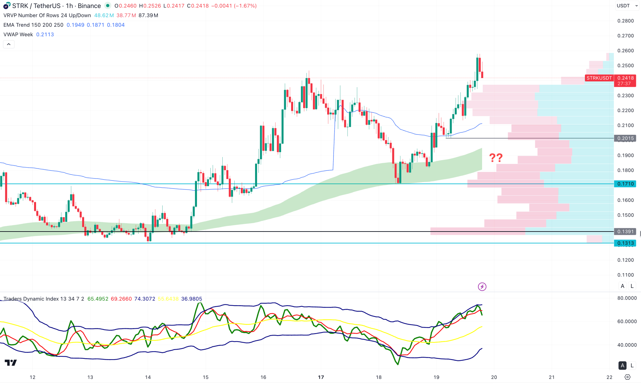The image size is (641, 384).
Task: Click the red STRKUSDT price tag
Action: (599, 78)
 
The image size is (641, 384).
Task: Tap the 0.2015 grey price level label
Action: (625, 138)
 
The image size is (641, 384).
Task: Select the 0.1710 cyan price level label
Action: (625, 184)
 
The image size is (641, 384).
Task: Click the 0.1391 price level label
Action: (625, 232)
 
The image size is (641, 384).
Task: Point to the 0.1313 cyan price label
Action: (625, 243)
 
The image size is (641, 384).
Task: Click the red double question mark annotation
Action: (496, 157)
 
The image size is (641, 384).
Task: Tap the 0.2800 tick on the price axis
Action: (625, 21)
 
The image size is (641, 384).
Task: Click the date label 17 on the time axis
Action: (321, 377)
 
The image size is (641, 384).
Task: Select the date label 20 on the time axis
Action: (494, 377)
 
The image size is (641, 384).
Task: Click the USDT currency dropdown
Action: (627, 6)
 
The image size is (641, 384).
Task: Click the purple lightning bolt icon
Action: (482, 287)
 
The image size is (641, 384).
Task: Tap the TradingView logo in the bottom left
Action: (11, 363)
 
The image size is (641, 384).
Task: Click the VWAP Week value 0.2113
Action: (45, 34)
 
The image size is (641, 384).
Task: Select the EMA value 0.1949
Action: (75, 25)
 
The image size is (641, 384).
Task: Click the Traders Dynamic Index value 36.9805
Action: (192, 299)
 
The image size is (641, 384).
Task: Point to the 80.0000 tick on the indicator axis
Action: (627, 298)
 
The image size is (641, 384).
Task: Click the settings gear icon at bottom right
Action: (628, 377)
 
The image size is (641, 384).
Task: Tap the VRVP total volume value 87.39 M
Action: (148, 15)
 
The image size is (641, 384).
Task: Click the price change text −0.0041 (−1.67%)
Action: (234, 6)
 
